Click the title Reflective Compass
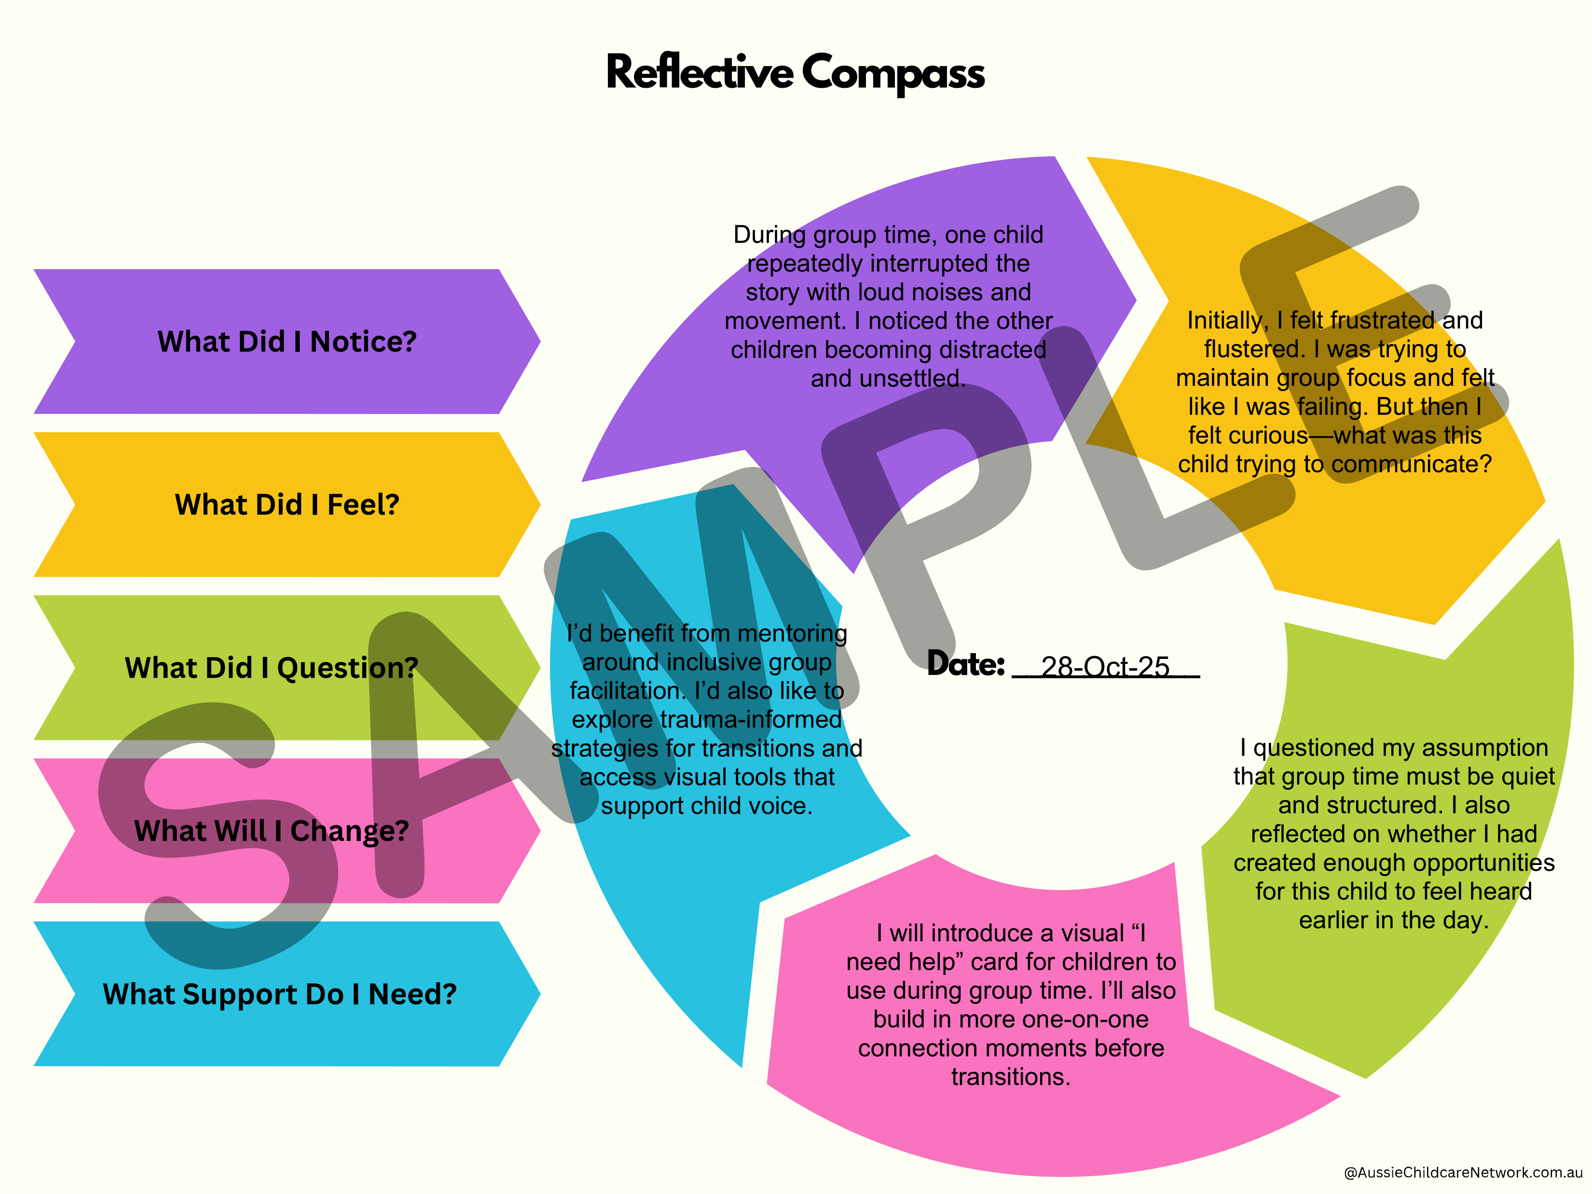796,73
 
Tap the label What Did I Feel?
287,505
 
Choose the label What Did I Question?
271,668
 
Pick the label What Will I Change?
271,831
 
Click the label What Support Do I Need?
279,994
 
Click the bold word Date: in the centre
965,663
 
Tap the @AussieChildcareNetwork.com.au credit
1462,1172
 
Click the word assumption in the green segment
1485,748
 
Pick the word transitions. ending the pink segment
1011,1077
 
